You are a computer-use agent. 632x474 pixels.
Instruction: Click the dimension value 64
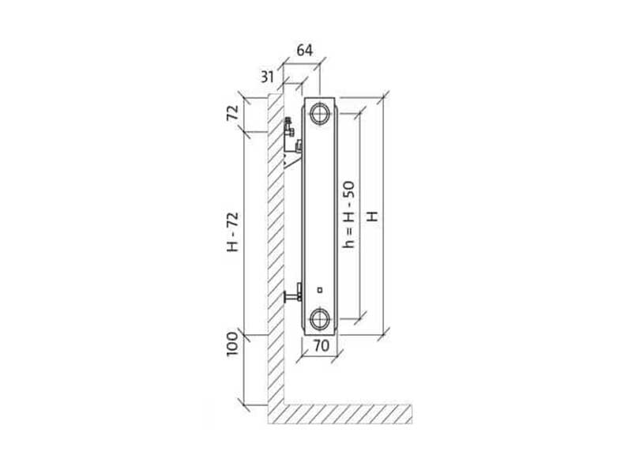click(x=304, y=51)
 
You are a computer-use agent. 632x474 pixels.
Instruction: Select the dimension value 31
click(x=267, y=76)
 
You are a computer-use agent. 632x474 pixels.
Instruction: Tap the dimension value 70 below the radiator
click(x=322, y=345)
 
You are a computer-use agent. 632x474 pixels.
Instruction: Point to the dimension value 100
click(x=232, y=344)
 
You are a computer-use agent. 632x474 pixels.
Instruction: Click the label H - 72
click(x=232, y=231)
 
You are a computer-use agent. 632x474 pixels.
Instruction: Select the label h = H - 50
click(x=348, y=214)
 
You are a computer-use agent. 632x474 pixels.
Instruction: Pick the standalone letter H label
click(x=372, y=216)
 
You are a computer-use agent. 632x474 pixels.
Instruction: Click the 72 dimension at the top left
click(x=232, y=112)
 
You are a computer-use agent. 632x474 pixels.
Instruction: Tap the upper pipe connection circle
click(x=320, y=113)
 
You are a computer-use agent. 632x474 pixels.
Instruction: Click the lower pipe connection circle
click(x=320, y=319)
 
